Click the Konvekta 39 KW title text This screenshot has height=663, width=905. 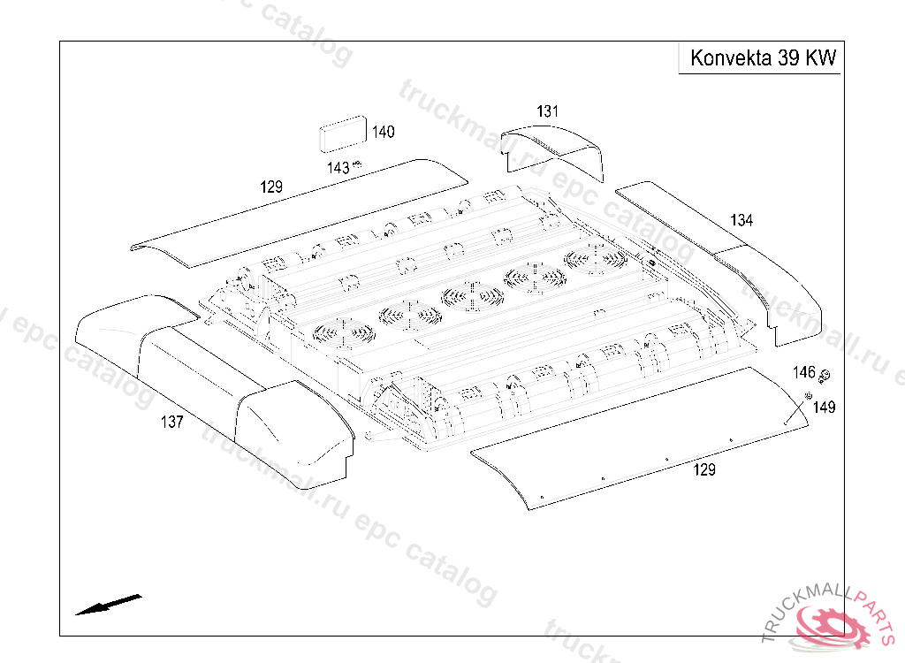point(763,58)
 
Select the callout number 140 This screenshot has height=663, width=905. point(384,132)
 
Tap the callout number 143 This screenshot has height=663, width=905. point(338,168)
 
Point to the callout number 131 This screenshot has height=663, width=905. point(548,111)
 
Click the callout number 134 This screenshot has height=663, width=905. point(741,220)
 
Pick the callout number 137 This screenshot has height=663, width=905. point(172,423)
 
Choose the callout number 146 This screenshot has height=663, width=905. point(804,372)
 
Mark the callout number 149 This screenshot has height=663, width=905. point(825,408)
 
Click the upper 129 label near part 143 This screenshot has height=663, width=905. point(271,187)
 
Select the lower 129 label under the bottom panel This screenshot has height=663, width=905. point(704,469)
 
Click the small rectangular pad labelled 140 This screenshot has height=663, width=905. point(343,134)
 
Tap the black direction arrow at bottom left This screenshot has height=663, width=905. point(108,605)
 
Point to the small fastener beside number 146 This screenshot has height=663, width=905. point(825,376)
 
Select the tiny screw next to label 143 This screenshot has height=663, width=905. point(357,164)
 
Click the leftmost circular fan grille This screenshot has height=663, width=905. point(344,333)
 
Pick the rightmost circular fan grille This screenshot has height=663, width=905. point(596,258)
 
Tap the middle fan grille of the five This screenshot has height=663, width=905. point(472,296)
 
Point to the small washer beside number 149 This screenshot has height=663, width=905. point(808,396)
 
